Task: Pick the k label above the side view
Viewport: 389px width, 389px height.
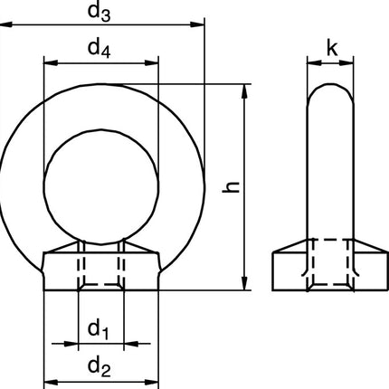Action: coord(333,48)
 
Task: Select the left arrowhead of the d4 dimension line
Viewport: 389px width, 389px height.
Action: coord(48,63)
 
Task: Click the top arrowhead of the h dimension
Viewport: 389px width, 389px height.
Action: coord(245,90)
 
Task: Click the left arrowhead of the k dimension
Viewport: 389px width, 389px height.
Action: coord(312,63)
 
